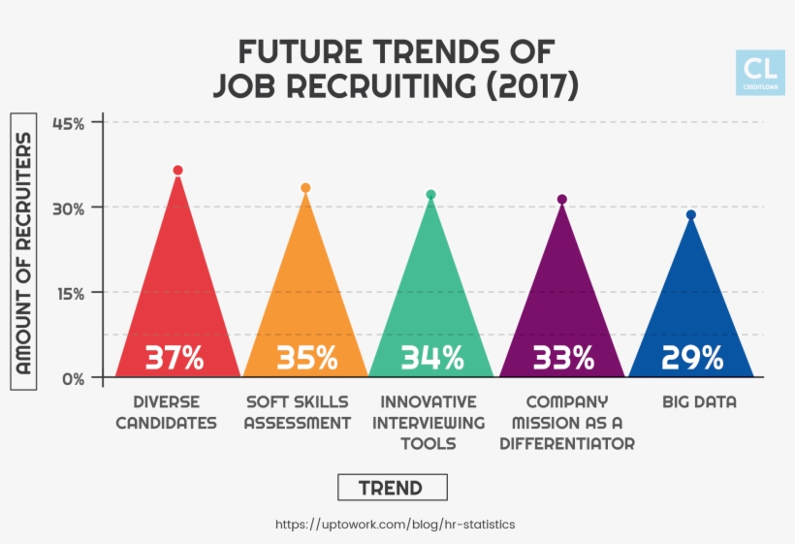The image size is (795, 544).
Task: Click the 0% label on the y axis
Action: point(75,378)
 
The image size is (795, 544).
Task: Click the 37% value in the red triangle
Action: point(175,358)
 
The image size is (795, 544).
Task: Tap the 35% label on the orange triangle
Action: point(306,358)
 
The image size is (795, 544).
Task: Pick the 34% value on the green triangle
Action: point(431,358)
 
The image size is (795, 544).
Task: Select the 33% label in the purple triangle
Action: point(563,358)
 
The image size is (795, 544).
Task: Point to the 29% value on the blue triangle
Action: point(692,358)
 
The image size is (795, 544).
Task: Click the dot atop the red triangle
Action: point(177,171)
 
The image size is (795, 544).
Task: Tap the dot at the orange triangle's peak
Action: point(305,188)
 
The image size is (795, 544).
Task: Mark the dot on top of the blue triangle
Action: point(691,215)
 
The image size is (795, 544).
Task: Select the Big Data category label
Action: point(699,401)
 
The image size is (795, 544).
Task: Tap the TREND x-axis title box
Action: point(393,487)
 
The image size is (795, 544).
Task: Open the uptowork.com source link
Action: point(396,524)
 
